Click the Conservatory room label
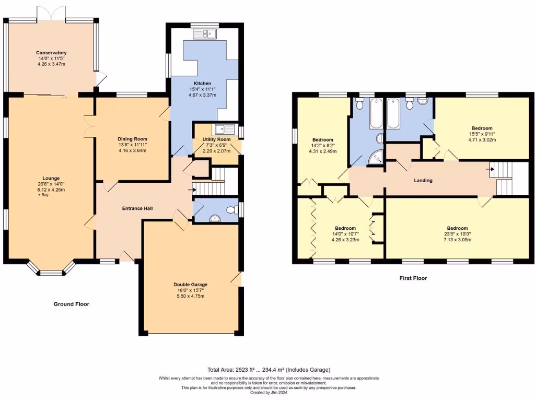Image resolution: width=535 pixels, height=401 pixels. click(51, 53)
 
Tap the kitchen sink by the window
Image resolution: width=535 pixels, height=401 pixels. click(205, 33)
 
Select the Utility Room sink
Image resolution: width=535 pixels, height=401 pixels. click(224, 129)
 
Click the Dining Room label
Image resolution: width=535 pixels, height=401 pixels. click(132, 139)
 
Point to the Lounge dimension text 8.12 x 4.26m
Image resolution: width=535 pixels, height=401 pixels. click(51, 190)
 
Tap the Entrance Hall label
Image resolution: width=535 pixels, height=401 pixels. click(137, 208)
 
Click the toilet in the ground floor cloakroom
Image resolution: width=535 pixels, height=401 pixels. click(233, 209)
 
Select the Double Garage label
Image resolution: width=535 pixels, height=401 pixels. click(190, 285)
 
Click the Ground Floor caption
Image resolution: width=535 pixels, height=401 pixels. click(71, 304)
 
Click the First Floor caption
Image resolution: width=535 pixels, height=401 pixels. click(413, 278)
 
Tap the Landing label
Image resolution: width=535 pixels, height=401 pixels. click(423, 180)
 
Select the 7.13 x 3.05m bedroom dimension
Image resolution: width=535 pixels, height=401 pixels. click(458, 240)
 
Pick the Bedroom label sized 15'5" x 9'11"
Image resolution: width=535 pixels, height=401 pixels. click(482, 128)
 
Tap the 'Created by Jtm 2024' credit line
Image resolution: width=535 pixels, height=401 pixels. click(269, 393)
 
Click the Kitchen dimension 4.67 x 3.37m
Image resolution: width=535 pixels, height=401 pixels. click(202, 95)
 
